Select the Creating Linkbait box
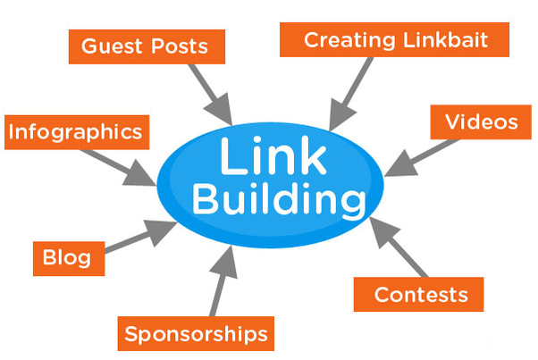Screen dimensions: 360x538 tap(394, 40)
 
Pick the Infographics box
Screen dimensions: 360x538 tap(74, 133)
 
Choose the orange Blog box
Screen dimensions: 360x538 tap(67, 258)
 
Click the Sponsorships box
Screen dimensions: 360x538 tap(196, 334)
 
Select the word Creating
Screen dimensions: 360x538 tap(347, 40)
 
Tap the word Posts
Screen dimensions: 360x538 tap(177, 46)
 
